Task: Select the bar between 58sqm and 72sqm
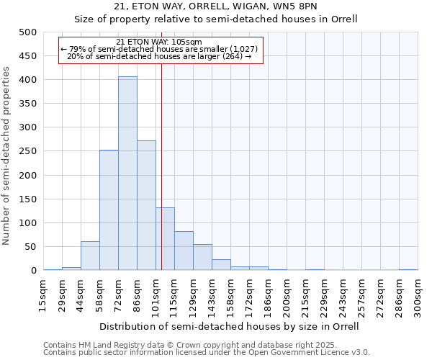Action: pos(109,210)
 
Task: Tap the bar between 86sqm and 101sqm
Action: pos(146,205)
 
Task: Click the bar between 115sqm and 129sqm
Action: pos(184,251)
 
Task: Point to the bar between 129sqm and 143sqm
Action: pos(202,257)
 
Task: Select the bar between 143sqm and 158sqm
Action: pos(221,264)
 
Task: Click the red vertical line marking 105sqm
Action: pos(161,180)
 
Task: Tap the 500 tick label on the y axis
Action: pos(28,32)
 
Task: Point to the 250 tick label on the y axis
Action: pos(28,151)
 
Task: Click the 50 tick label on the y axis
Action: pos(31,247)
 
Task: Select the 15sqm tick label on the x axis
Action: pos(43,296)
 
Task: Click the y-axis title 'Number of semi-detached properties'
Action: pos(7,156)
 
